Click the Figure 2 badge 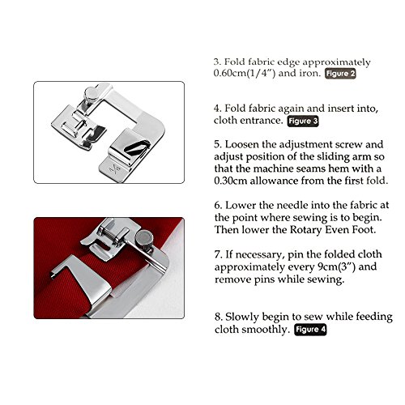point(339,74)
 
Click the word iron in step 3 point(309,74)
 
